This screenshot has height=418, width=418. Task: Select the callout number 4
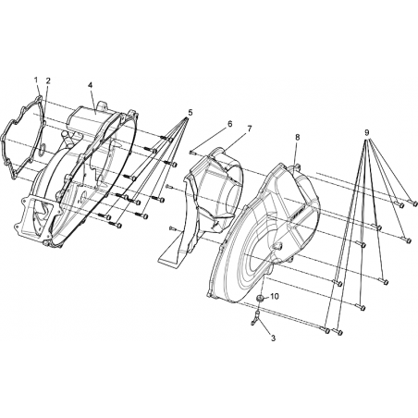pyautogui.click(x=91, y=85)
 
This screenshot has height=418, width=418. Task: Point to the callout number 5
pyautogui.click(x=191, y=113)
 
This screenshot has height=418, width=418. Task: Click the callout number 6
pyautogui.click(x=229, y=124)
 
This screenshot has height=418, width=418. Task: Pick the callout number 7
pyautogui.click(x=249, y=129)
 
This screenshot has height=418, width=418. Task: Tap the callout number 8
pyautogui.click(x=297, y=138)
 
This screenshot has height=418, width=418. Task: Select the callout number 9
pyautogui.click(x=366, y=133)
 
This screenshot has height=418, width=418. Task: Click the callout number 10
pyautogui.click(x=275, y=296)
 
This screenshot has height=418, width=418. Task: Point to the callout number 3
pyautogui.click(x=273, y=338)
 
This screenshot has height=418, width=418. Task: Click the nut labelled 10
pyautogui.click(x=260, y=298)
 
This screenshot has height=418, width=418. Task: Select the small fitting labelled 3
pyautogui.click(x=255, y=317)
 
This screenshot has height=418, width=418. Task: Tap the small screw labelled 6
pyautogui.click(x=191, y=152)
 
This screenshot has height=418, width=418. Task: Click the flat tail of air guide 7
pyautogui.click(x=170, y=254)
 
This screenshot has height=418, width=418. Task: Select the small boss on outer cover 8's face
pyautogui.click(x=277, y=246)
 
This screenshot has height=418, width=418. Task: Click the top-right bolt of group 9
pyautogui.click(x=412, y=203)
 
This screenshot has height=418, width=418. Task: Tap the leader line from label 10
pyautogui.click(x=266, y=297)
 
